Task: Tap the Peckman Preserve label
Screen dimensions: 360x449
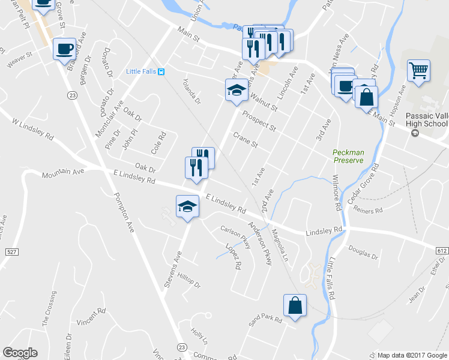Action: tap(348, 157)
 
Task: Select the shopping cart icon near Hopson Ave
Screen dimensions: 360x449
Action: tap(418, 70)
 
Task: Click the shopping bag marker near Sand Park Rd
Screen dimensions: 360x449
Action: tap(295, 305)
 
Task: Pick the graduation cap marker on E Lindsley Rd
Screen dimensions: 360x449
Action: tap(187, 206)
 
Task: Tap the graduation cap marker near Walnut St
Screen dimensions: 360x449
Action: tap(236, 91)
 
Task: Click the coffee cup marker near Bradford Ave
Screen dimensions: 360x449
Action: tap(64, 49)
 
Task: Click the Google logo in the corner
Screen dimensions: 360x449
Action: tap(20, 353)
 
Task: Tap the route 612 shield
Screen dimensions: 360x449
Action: tap(442, 250)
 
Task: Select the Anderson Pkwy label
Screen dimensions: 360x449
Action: tap(261, 240)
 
